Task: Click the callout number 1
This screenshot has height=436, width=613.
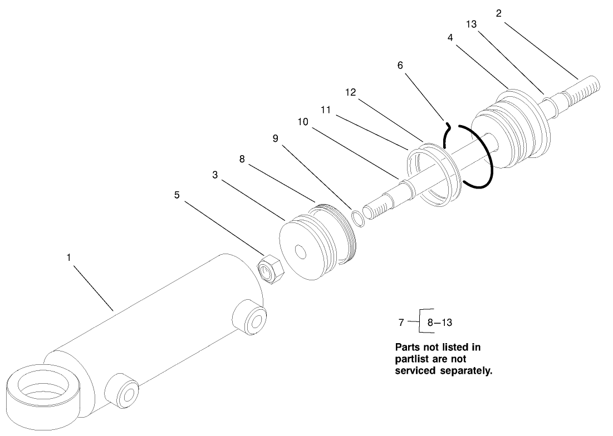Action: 69,257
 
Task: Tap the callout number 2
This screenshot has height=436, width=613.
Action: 499,13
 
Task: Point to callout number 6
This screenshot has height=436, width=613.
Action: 400,65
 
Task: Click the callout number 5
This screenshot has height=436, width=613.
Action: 177,195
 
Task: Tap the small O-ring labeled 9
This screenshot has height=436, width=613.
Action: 358,218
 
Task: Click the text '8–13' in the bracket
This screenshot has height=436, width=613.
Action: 439,322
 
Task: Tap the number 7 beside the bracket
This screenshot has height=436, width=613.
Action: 401,322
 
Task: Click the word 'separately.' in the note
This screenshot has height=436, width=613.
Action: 465,371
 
